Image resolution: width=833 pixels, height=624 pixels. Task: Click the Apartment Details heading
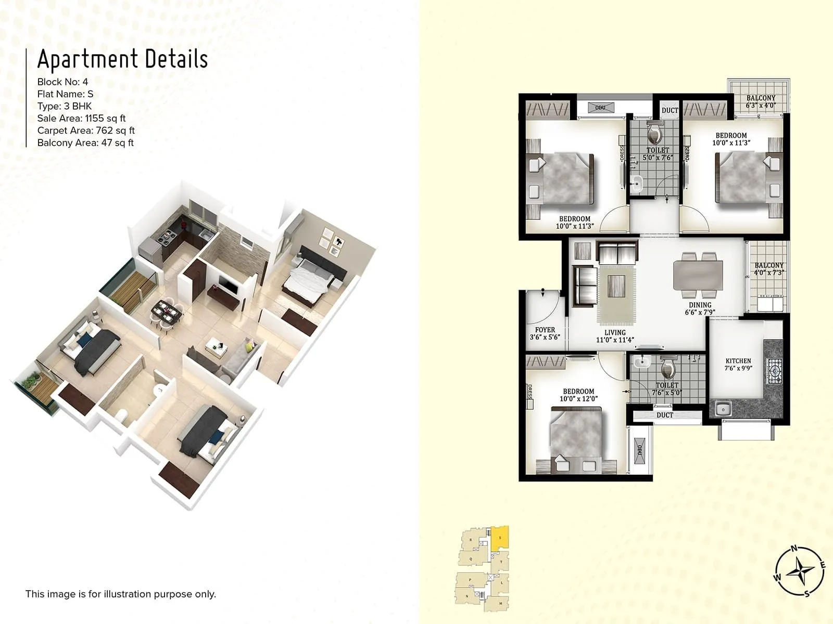122,59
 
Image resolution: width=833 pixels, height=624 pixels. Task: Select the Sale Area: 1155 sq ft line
81,118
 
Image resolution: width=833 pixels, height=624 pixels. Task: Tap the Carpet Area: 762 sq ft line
86,131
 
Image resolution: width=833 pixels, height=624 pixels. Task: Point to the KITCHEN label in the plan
738,364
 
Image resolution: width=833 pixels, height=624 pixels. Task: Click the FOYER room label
545,333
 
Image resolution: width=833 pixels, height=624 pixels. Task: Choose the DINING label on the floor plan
700,308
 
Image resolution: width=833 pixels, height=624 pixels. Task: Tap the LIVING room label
615,336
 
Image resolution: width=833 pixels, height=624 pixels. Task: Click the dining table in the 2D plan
698,276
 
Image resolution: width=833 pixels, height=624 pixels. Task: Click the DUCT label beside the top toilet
670,110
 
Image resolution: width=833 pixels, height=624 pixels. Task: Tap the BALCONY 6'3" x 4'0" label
761,101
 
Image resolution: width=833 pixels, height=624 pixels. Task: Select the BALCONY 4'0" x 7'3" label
769,269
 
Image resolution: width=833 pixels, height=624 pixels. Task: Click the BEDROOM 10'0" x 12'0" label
578,395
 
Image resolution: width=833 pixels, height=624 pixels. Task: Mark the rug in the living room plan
617,292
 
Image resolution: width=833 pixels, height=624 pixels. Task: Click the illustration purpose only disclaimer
120,594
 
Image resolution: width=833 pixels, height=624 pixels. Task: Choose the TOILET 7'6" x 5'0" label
666,389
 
